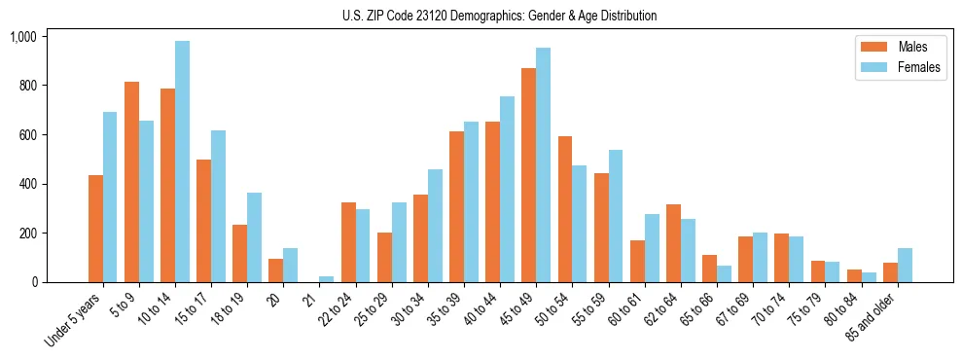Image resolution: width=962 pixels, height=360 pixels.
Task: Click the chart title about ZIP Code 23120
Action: (x=499, y=16)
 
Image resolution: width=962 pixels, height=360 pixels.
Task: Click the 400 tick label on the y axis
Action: (x=26, y=184)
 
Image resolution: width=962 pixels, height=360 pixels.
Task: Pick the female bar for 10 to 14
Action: (x=183, y=162)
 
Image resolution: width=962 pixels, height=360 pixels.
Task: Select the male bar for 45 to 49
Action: (x=528, y=175)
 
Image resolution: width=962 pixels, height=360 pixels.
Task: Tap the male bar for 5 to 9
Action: (x=131, y=182)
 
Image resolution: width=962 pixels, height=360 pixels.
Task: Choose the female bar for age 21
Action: (x=326, y=279)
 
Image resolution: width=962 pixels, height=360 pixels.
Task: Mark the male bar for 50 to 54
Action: (x=565, y=209)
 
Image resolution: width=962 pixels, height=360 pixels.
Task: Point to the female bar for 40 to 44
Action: (x=507, y=190)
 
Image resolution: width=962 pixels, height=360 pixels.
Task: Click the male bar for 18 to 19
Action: (x=240, y=253)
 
